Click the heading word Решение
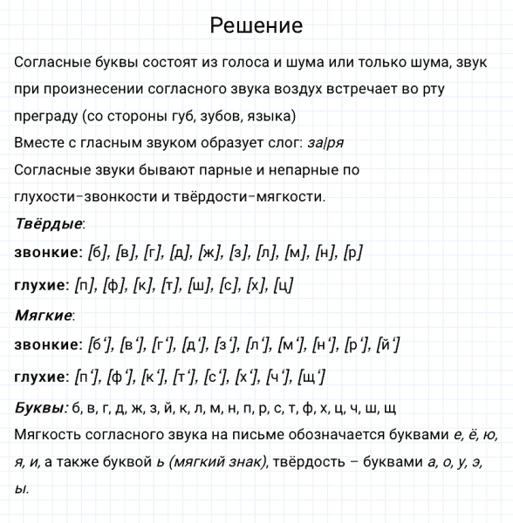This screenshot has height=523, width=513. [x=256, y=26]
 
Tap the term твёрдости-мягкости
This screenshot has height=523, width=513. [x=252, y=196]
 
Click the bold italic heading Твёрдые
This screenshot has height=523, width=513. [x=49, y=224]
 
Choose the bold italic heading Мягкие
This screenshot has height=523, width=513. [x=44, y=315]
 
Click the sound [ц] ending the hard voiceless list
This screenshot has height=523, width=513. [x=283, y=285]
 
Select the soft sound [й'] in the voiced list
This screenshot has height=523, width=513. [x=388, y=345]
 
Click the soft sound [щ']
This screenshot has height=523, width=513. [x=312, y=377]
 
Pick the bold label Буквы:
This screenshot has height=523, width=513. [x=41, y=407]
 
